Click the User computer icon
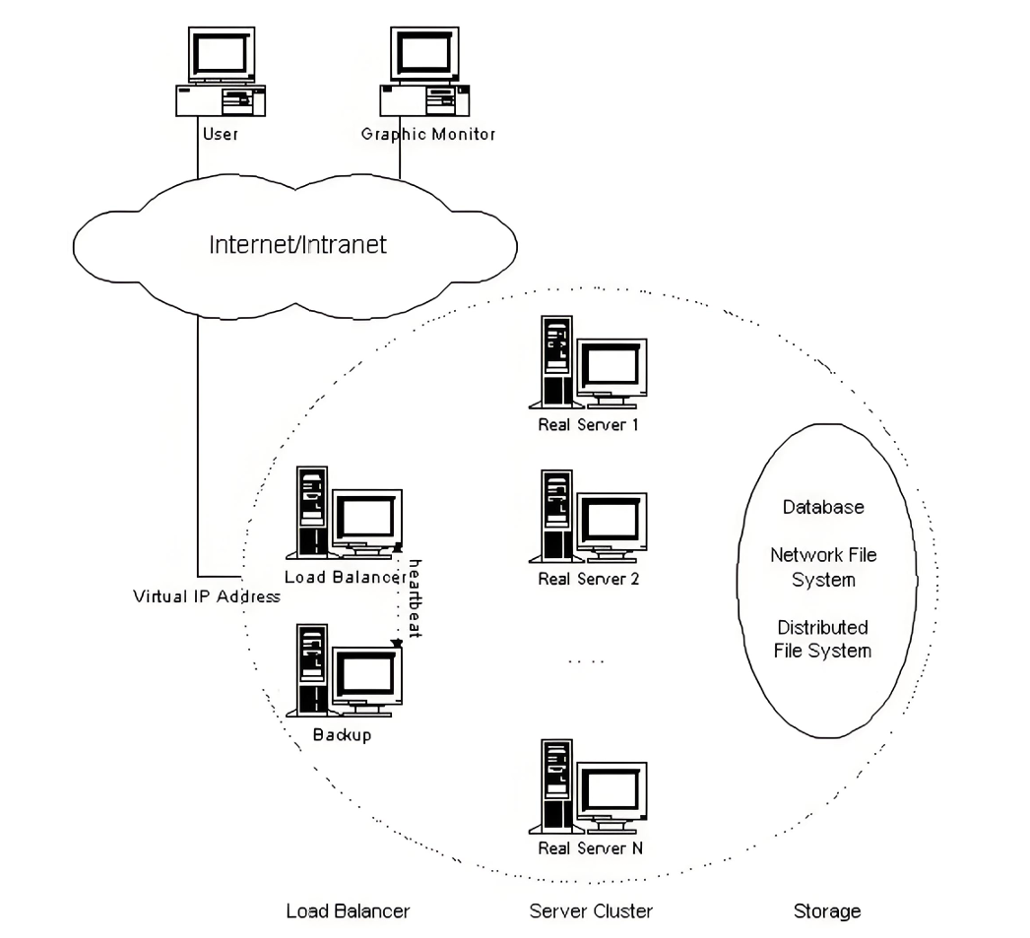click(221, 72)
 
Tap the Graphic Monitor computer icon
click(424, 72)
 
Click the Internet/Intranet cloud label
click(297, 245)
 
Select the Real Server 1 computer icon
click(588, 361)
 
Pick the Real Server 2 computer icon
click(588, 516)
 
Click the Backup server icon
click(344, 670)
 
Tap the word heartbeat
click(416, 598)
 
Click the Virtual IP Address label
click(206, 596)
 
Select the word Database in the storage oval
click(823, 507)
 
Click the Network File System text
click(823, 567)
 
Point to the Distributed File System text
click(822, 639)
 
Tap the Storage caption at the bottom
click(827, 911)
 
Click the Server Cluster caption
click(591, 911)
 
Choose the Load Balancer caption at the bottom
click(349, 911)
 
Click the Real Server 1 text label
click(588, 424)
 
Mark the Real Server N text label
click(591, 848)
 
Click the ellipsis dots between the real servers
click(586, 661)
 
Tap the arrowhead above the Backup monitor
click(396, 643)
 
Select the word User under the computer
click(220, 134)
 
